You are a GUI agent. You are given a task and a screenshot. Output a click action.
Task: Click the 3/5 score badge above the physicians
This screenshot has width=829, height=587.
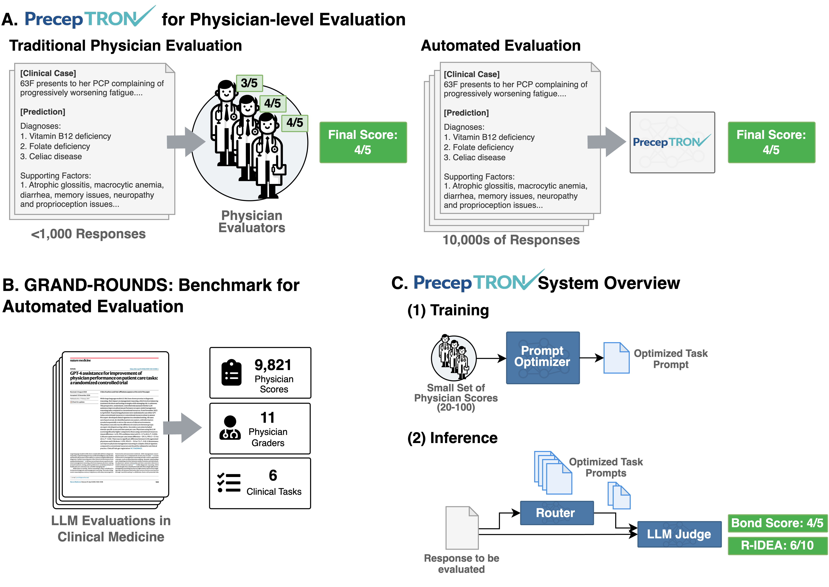tap(249, 83)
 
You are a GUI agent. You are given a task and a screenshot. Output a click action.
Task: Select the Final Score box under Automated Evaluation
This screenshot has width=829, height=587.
tap(771, 142)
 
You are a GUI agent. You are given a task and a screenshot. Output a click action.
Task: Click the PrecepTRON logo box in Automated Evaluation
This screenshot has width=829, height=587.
tap(672, 142)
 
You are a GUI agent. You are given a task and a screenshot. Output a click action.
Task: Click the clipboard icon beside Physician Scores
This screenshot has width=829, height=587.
tap(231, 373)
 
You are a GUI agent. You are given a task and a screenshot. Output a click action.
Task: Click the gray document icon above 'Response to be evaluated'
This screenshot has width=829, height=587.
tap(462, 528)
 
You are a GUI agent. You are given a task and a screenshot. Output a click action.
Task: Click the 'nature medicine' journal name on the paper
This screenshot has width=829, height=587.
tap(80, 360)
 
